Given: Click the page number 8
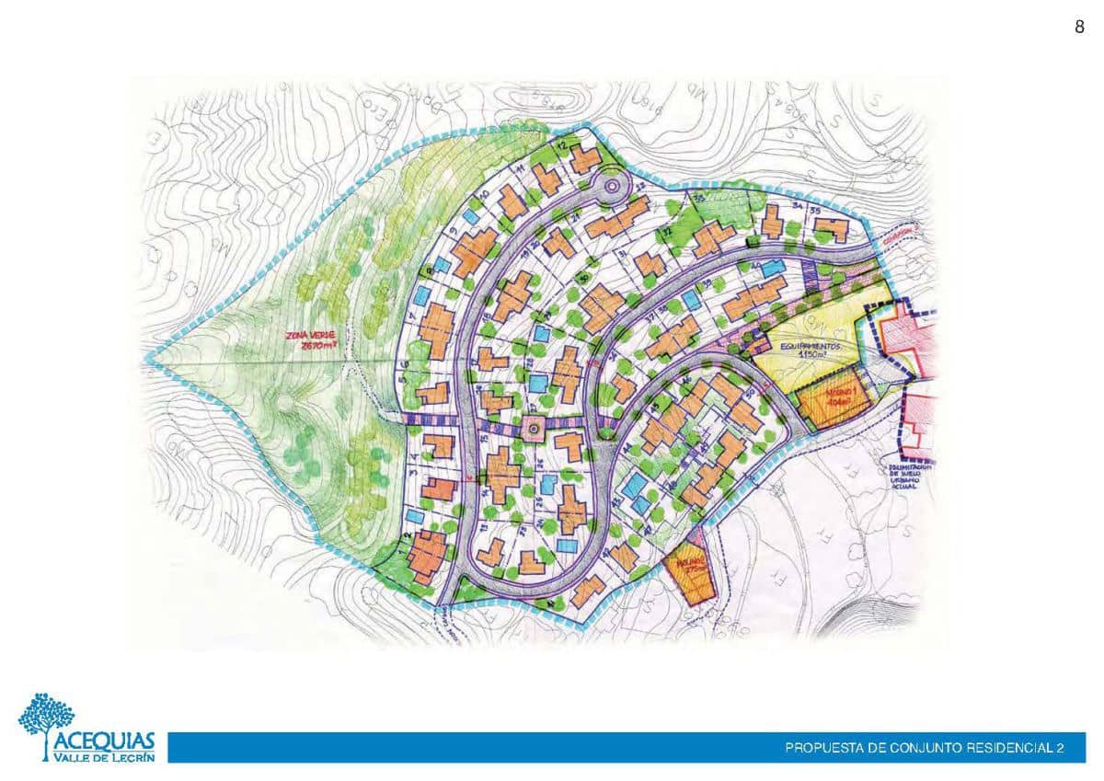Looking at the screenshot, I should click(1079, 28).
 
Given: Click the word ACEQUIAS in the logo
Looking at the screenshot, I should click(104, 741).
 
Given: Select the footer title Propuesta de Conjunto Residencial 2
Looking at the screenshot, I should click(924, 748).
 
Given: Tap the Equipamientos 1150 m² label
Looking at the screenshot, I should click(811, 351).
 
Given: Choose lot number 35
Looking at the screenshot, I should click(815, 211).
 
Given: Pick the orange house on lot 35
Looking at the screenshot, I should click(833, 230).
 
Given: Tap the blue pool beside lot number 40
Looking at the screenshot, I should click(773, 268).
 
